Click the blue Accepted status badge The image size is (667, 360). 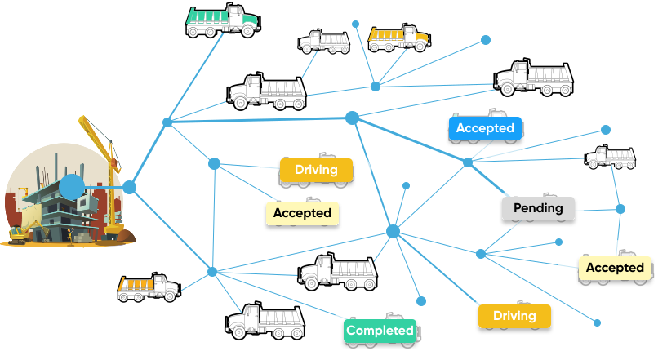(485, 128)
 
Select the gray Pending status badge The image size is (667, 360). (538, 208)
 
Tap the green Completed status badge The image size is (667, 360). (380, 331)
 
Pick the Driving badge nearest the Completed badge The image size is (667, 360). (514, 316)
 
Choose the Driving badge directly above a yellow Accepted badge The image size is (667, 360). (316, 170)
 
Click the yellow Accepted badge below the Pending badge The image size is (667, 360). (615, 268)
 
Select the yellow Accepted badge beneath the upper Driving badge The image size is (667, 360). (302, 213)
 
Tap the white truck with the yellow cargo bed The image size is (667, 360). (398, 38)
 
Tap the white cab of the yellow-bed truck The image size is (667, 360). (415, 35)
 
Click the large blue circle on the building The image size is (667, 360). (72, 187)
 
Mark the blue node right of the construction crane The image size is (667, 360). (129, 188)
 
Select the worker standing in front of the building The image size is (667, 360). (71, 236)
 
